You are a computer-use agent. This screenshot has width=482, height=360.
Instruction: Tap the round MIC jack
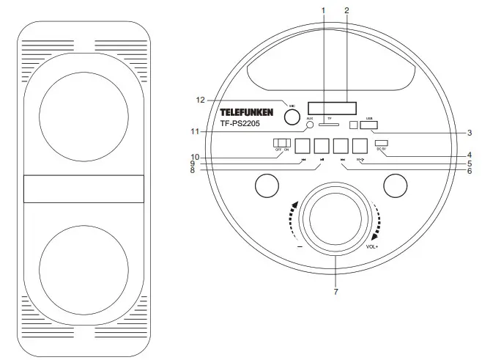292,106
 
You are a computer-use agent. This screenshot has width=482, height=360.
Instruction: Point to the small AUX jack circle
310,125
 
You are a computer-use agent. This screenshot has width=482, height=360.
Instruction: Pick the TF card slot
329,124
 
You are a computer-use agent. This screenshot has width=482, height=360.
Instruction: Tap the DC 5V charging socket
381,142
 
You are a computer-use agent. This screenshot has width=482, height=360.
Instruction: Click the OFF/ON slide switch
282,142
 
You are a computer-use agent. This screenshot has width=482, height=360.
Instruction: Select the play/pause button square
322,146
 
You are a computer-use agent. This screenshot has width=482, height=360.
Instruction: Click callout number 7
335,292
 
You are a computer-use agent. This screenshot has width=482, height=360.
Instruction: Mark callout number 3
469,133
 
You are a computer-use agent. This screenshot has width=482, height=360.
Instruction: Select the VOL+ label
374,246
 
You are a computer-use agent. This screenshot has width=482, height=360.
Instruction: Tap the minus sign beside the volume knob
300,246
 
